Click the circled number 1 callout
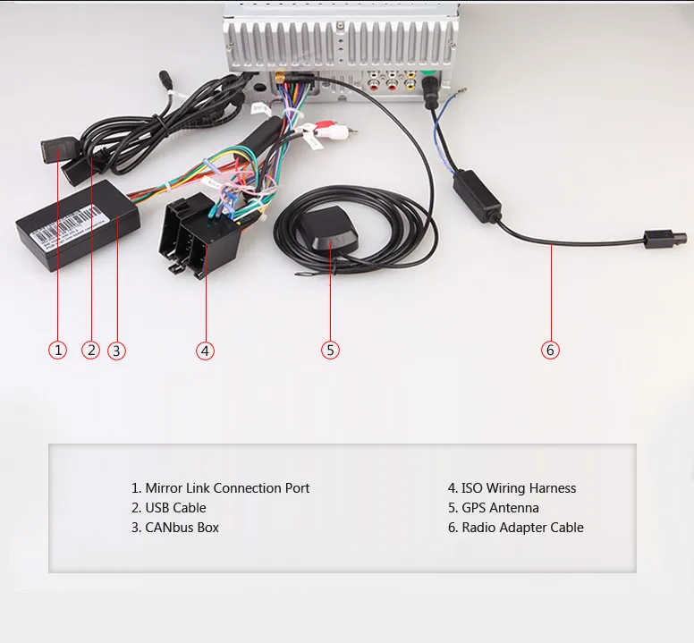58,350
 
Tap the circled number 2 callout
90,350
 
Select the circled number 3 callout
116,351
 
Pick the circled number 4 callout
206,351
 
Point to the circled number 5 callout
331,350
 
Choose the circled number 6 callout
550,350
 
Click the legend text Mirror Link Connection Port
220,488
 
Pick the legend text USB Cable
168,508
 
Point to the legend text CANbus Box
174,528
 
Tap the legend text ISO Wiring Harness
512,488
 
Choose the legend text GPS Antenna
493,508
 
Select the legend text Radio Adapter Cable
515,528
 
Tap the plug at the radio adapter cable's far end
664,240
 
